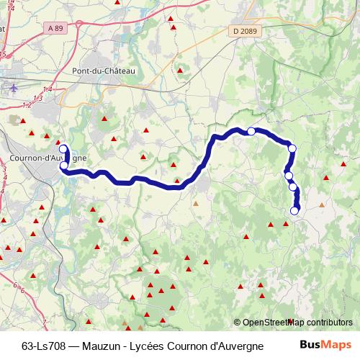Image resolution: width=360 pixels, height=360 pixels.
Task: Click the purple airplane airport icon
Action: click(15, 88)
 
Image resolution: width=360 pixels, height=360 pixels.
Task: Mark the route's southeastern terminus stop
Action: click(294, 210)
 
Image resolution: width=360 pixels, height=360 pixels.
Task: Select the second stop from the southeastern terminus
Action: click(293, 187)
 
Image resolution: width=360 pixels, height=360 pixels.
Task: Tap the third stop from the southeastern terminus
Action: click(289, 176)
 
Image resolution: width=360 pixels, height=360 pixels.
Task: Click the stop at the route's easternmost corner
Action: click(292, 149)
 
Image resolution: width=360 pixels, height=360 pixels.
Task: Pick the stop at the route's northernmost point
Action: click(251, 131)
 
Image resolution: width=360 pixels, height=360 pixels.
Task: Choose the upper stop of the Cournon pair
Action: click(63, 150)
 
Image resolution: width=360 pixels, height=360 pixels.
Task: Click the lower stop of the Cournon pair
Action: click(64, 166)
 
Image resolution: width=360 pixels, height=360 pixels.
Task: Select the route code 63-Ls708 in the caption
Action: click(45, 343)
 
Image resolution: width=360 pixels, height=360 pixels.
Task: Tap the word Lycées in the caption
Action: click(151, 343)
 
